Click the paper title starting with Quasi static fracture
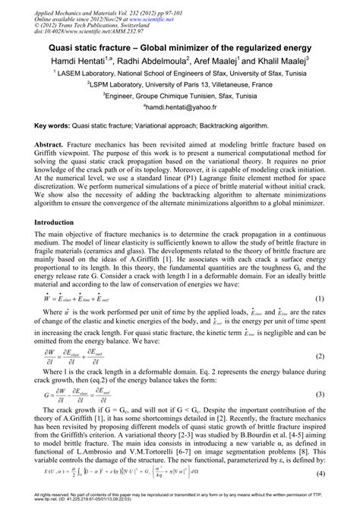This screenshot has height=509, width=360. pyautogui.click(x=180, y=46)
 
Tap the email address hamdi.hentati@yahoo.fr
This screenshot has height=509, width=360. pyautogui.click(x=180, y=109)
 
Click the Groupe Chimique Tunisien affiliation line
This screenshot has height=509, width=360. pyautogui.click(x=180, y=96)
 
